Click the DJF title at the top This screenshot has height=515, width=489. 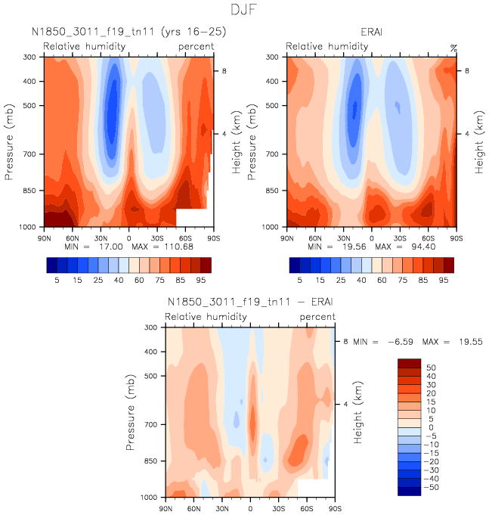click(244, 10)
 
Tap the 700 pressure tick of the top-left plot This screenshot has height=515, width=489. click(31, 154)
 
